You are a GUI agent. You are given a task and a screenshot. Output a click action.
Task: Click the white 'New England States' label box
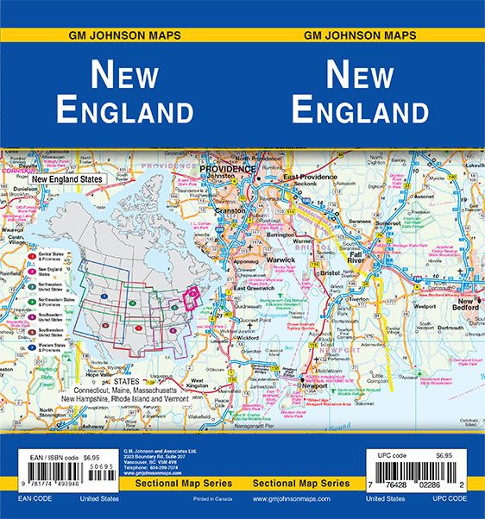[x=66, y=178]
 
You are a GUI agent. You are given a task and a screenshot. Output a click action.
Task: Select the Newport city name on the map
[x=309, y=385]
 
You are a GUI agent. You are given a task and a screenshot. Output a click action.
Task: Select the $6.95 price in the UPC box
[x=444, y=455]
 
